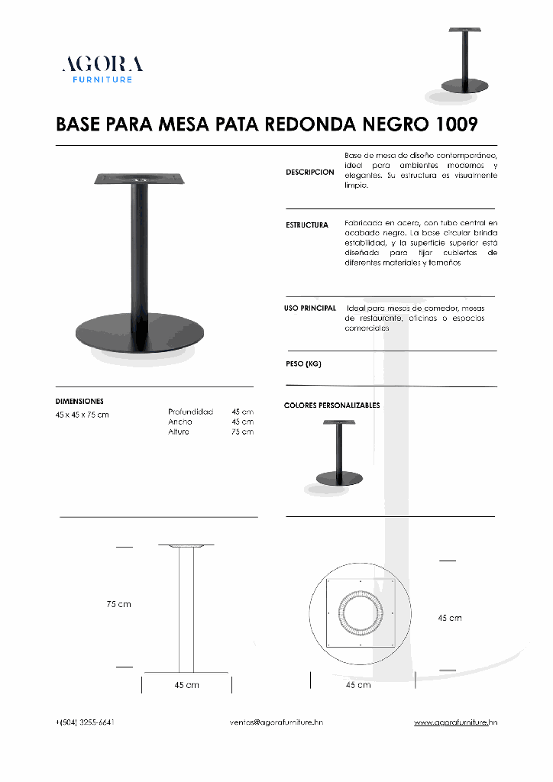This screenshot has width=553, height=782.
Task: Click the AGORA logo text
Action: (x=102, y=63)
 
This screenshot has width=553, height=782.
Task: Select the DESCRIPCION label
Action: (x=309, y=173)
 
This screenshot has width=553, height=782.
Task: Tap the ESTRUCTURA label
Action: (x=307, y=225)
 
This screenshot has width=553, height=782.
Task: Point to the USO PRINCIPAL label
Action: (x=310, y=308)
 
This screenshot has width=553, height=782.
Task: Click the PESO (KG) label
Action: (x=303, y=364)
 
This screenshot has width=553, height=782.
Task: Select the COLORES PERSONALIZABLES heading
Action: (x=331, y=405)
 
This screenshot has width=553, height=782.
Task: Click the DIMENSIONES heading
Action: (x=79, y=401)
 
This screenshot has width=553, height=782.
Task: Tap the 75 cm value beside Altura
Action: (x=243, y=432)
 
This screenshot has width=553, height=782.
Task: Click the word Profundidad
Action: (x=190, y=412)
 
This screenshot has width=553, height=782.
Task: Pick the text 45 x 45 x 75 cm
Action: (x=82, y=415)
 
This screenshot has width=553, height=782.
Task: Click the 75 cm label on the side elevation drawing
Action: (x=118, y=604)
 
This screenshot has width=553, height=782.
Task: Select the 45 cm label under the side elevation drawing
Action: (x=186, y=685)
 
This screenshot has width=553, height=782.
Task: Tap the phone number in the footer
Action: (x=85, y=722)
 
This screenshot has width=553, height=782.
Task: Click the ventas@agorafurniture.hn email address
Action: (x=276, y=722)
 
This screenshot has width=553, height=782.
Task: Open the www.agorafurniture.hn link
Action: (x=455, y=722)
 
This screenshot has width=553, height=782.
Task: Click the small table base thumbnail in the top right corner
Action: (x=464, y=65)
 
